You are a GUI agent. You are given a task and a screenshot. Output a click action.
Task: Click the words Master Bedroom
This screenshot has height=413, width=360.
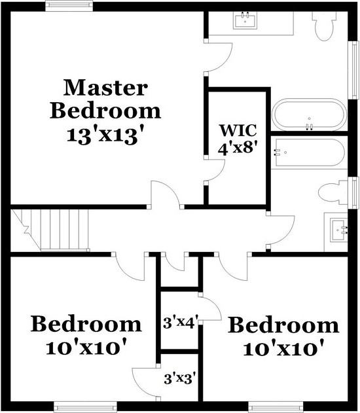[x=105, y=98]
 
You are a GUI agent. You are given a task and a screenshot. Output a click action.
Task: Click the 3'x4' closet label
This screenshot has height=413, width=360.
[x=179, y=322]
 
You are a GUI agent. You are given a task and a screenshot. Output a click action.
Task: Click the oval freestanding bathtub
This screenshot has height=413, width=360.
[x=308, y=115]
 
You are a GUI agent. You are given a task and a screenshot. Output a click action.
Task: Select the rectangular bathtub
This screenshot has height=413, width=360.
[x=308, y=153]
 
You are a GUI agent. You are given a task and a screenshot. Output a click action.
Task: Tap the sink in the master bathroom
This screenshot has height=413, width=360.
[x=246, y=21]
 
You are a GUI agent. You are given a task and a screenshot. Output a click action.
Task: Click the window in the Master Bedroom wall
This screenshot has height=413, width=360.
[x=69, y=6]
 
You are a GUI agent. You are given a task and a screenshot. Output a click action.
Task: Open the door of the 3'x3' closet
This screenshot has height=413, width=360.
[x=145, y=380]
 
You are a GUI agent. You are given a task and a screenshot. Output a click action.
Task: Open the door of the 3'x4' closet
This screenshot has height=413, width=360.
[x=209, y=308]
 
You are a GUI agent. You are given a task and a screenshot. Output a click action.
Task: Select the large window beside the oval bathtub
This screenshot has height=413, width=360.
[x=353, y=70]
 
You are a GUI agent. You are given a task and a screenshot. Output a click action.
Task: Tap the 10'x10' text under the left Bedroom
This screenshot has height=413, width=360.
[x=86, y=346]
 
